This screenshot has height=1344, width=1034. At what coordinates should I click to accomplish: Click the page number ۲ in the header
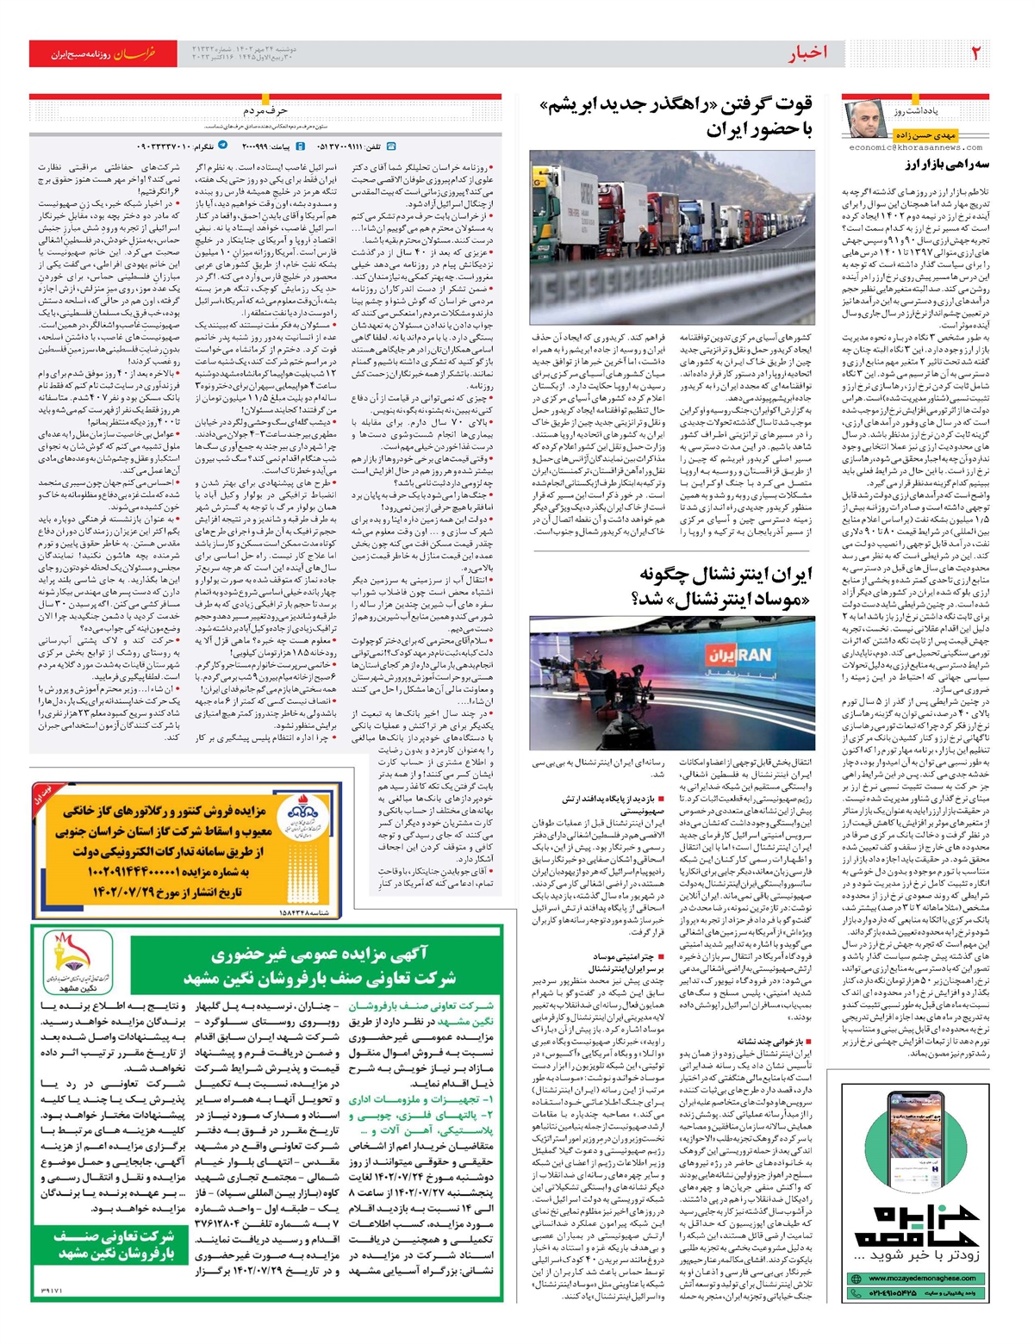[x=976, y=54]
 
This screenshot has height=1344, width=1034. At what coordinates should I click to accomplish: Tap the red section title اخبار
[x=808, y=54]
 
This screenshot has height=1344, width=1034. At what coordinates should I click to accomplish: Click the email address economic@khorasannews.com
[x=915, y=147]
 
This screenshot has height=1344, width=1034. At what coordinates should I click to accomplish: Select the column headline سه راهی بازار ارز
[x=945, y=165]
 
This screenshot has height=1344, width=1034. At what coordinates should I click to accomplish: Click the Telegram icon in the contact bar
[x=223, y=146]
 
